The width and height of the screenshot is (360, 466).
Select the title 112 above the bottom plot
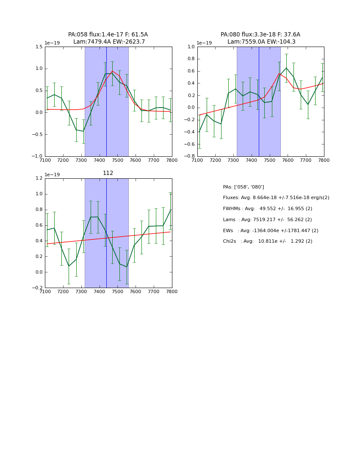tap(108, 173)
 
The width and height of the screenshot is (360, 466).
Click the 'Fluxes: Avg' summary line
tap(276, 198)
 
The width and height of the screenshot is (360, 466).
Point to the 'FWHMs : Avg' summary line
tap(267, 209)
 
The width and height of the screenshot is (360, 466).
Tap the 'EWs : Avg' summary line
tap(270, 231)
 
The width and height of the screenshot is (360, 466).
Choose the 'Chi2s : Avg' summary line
tap(267, 241)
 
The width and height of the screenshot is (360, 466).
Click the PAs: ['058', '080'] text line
tap(243, 187)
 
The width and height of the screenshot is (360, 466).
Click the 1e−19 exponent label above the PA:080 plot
tap(205, 43)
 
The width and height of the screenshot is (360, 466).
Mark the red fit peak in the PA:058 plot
tap(113, 71)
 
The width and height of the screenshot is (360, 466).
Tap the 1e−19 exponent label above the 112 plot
tap(53, 175)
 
